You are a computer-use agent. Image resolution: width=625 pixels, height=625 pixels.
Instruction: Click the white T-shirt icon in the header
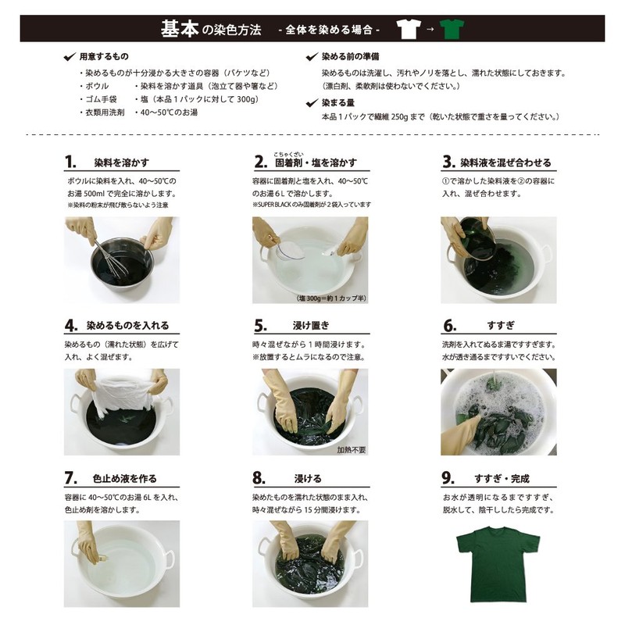[x=409, y=29]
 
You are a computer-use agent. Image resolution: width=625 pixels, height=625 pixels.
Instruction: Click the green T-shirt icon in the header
[x=452, y=29]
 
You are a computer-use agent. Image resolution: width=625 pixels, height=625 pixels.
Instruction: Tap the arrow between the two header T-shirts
[x=430, y=29]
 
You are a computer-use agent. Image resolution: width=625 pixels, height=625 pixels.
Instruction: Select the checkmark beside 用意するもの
[x=70, y=56]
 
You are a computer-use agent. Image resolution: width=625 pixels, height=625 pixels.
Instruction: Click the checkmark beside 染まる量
[x=312, y=103]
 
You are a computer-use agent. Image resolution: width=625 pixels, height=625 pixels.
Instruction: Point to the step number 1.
[x=70, y=162]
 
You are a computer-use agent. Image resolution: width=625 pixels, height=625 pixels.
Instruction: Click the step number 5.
[x=260, y=326]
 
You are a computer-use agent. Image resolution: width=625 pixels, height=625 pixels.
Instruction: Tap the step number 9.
[x=448, y=478]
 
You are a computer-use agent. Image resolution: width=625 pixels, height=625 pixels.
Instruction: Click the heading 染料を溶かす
[x=122, y=162]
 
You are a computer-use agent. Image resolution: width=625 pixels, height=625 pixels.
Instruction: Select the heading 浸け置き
[x=311, y=326]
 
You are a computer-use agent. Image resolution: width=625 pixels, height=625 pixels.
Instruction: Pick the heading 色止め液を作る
[x=125, y=478]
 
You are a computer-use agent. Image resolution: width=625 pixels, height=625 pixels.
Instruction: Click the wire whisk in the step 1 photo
[x=113, y=260]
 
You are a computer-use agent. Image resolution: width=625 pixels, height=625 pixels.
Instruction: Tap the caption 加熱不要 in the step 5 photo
[x=351, y=450]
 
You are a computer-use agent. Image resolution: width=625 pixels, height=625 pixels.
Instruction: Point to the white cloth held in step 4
[x=121, y=394]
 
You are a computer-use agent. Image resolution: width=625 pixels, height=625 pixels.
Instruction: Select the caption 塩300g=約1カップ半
[x=331, y=298]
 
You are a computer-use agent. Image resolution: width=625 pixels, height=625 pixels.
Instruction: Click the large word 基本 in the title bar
[x=180, y=29]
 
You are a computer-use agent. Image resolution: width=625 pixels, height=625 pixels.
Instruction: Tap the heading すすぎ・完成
[x=502, y=478]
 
